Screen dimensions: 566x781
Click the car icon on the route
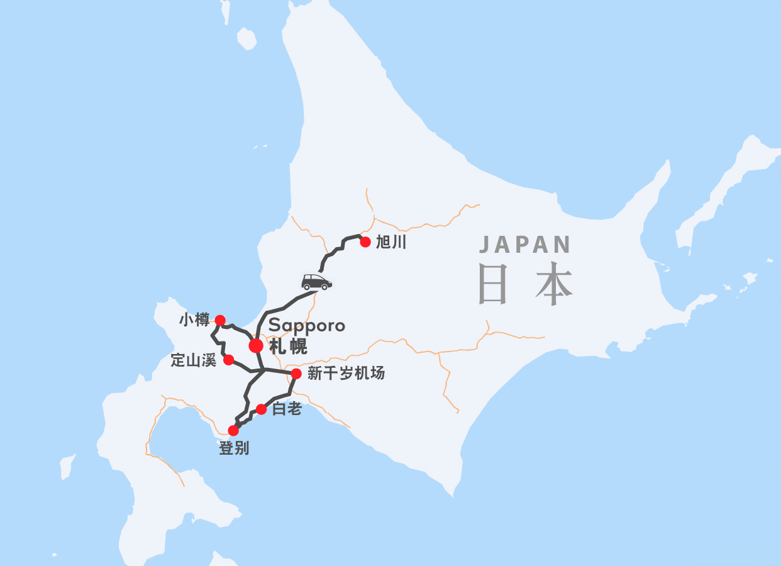click(x=316, y=282)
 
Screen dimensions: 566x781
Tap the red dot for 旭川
click(x=365, y=242)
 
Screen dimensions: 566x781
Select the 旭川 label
click(x=390, y=243)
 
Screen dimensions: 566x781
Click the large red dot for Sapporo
click(x=256, y=345)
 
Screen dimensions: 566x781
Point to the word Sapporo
click(x=307, y=326)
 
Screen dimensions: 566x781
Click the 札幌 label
click(x=287, y=347)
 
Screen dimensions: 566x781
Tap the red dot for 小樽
click(x=220, y=320)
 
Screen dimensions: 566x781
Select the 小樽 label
click(x=194, y=320)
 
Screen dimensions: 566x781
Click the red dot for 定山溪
click(x=229, y=360)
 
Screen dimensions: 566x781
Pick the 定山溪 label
click(x=194, y=360)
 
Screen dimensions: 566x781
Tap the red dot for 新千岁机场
click(x=296, y=374)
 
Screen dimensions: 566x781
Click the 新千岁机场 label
click(x=346, y=374)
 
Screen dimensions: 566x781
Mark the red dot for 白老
click(x=262, y=409)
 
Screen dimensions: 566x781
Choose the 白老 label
click(x=287, y=409)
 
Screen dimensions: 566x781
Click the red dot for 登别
click(x=233, y=431)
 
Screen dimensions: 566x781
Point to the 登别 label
click(x=234, y=448)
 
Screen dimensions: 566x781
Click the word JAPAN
click(x=525, y=245)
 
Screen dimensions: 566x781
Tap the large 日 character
click(x=492, y=284)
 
